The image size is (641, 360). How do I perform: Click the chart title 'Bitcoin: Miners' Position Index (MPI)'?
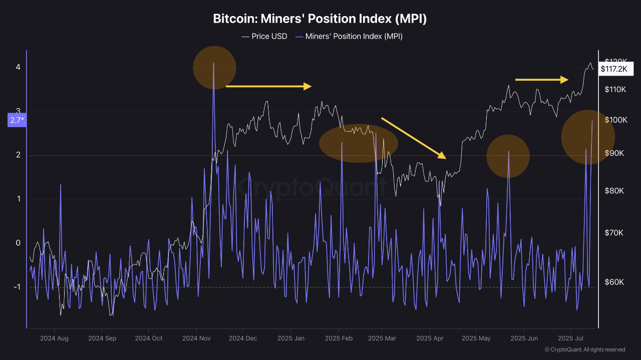coord(320,19)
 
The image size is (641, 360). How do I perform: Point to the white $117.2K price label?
coord(613,69)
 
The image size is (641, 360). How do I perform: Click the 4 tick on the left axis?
coord(18,67)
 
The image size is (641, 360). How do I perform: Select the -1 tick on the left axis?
coord(17,287)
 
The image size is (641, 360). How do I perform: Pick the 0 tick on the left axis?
coord(18,243)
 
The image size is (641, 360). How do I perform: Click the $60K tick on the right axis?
coord(614,282)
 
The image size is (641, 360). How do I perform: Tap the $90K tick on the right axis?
coord(614,153)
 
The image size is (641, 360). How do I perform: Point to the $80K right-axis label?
coord(614,191)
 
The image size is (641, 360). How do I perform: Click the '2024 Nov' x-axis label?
coord(196,338)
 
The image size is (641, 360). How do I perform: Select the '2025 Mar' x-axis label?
coord(382,338)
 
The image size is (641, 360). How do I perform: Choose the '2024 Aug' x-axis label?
coord(54,338)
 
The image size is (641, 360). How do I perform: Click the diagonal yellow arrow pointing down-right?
coord(414,138)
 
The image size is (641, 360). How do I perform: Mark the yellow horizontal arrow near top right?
coord(542,79)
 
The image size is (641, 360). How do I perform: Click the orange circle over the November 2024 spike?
coord(214,68)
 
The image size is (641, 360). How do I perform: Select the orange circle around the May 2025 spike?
coord(508,156)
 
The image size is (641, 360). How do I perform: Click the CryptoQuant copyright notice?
coord(584,349)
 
